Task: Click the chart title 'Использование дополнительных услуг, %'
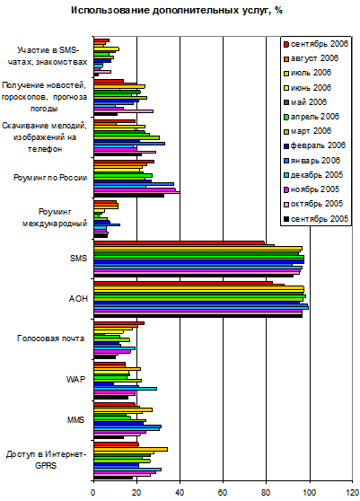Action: (x=177, y=11)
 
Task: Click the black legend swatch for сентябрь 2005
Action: (x=286, y=219)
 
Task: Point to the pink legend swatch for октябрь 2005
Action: (x=286, y=204)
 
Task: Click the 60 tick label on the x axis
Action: (x=223, y=492)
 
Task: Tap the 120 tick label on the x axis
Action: (x=352, y=492)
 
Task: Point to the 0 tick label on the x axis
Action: (x=93, y=492)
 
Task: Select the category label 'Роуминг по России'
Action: (x=50, y=178)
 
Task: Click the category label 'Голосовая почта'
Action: (x=50, y=338)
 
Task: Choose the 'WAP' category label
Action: (x=75, y=379)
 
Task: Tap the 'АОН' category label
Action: (x=78, y=299)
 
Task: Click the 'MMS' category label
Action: (x=75, y=419)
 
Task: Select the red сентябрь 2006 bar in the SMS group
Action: (x=180, y=242)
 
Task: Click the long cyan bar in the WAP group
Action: (x=125, y=389)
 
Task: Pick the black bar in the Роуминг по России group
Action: (x=129, y=195)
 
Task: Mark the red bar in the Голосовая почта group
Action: (x=119, y=323)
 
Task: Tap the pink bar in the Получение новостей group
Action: (x=124, y=111)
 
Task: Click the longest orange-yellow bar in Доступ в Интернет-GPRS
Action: (x=131, y=449)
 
